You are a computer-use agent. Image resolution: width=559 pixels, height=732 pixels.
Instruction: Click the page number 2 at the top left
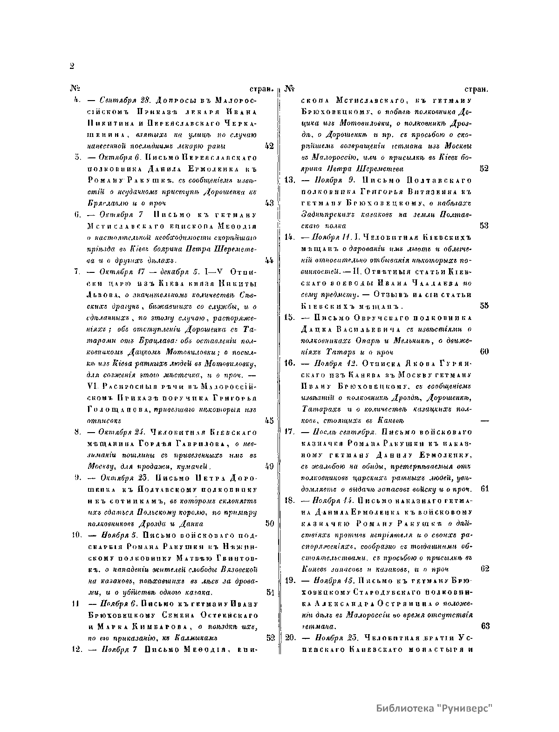(x=72, y=66)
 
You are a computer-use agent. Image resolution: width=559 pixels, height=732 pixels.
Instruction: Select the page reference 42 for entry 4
(x=269, y=146)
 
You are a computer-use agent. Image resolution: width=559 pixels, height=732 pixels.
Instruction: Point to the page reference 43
(x=269, y=203)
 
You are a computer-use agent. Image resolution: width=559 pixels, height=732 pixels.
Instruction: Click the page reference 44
(x=269, y=259)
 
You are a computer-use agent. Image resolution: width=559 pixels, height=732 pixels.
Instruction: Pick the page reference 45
(x=269, y=420)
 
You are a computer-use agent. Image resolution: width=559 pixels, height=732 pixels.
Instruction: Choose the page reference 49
(x=269, y=466)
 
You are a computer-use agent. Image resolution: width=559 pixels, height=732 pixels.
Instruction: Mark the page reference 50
(x=269, y=523)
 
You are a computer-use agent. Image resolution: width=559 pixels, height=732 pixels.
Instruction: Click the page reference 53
(x=484, y=225)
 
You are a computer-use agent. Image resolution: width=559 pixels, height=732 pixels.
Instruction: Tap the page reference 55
(x=484, y=305)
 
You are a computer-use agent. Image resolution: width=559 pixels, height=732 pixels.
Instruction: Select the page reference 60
(x=484, y=351)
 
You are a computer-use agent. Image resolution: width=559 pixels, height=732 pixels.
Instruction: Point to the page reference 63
(x=484, y=626)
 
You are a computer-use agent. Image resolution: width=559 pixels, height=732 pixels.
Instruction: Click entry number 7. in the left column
(x=77, y=271)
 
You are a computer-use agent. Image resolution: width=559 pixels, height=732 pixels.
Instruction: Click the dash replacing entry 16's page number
(x=484, y=420)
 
